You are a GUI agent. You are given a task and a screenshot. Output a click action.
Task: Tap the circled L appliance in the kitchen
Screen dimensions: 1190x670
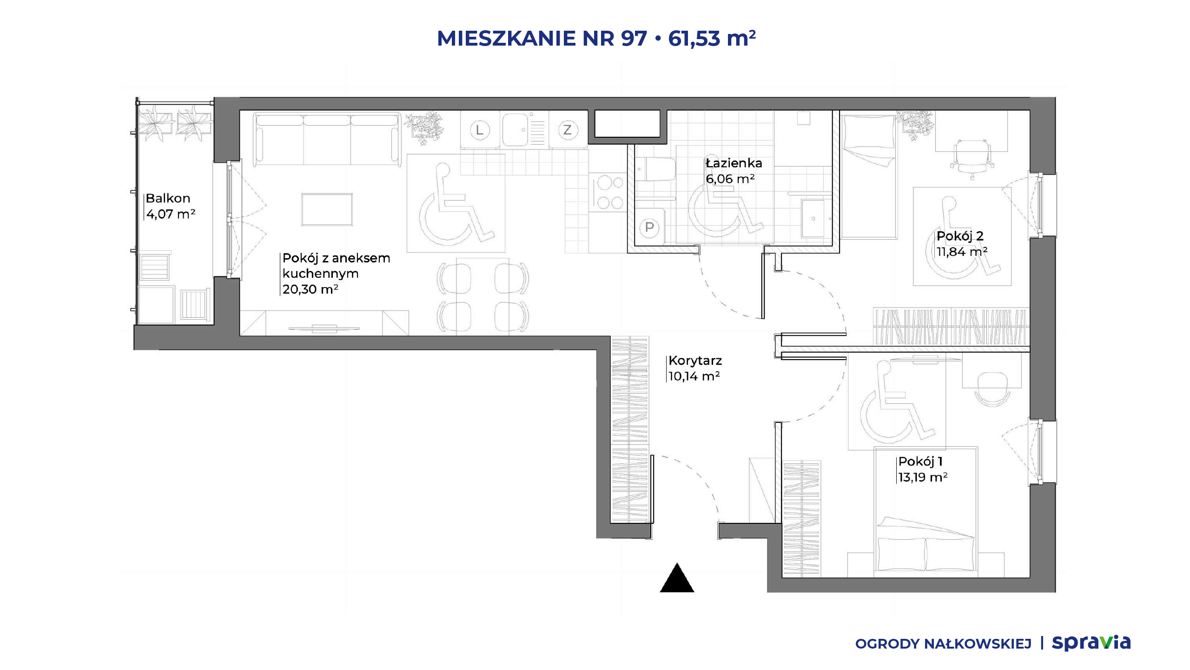pyautogui.click(x=480, y=130)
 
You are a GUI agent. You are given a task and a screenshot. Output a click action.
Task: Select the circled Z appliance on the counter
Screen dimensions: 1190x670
pyautogui.click(x=567, y=130)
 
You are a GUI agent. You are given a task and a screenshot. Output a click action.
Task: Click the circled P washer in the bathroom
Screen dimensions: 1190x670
pyautogui.click(x=649, y=228)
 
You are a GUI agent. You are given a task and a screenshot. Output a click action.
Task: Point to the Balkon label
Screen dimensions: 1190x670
pyautogui.click(x=168, y=198)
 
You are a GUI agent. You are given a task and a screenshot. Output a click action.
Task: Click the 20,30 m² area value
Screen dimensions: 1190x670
pyautogui.click(x=310, y=289)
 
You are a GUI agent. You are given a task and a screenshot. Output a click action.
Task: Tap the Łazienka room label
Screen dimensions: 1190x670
pyautogui.click(x=734, y=163)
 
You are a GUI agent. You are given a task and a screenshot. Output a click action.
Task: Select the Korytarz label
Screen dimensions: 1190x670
pyautogui.click(x=695, y=361)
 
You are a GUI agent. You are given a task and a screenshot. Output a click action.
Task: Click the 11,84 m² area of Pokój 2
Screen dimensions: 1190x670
pyautogui.click(x=962, y=252)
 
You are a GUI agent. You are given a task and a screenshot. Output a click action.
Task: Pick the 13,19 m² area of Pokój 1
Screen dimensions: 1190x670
pyautogui.click(x=923, y=477)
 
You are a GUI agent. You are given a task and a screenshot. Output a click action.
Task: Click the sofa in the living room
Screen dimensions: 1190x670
pyautogui.click(x=327, y=139)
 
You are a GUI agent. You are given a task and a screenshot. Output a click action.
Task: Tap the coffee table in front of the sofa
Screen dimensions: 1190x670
pyautogui.click(x=327, y=209)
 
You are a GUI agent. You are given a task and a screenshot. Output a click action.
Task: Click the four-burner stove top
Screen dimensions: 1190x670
pyautogui.click(x=610, y=193)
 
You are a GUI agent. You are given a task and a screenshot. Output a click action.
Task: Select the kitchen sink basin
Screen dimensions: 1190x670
pyautogui.click(x=515, y=130)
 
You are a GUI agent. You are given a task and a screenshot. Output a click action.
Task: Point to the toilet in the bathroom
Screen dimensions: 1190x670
pyautogui.click(x=655, y=169)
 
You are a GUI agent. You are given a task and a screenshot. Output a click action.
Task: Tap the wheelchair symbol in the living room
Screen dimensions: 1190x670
pyautogui.click(x=456, y=203)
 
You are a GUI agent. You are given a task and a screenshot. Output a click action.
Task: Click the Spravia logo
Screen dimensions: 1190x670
pyautogui.click(x=1091, y=643)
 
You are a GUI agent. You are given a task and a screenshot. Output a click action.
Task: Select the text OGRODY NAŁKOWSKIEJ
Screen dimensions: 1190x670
pyautogui.click(x=943, y=644)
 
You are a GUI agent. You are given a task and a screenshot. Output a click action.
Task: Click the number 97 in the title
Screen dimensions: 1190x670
pyautogui.click(x=634, y=38)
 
